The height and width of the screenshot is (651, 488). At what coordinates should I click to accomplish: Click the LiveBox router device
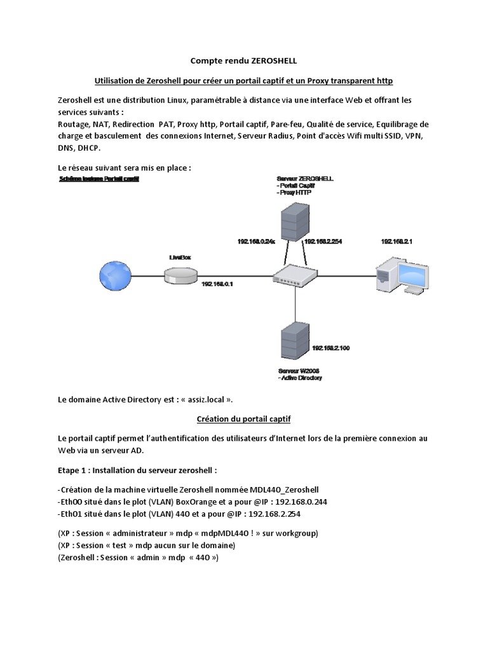[180, 275]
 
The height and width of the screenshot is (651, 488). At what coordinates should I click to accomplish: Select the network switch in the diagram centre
[294, 275]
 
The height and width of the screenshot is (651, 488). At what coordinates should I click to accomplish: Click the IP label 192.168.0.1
[218, 284]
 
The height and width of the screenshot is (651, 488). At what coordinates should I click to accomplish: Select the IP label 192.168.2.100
[331, 348]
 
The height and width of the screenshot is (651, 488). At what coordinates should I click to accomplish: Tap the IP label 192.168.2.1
[396, 242]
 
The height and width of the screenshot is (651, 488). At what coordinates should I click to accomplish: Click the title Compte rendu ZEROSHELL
[244, 61]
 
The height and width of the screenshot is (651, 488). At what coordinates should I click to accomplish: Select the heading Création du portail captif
[243, 420]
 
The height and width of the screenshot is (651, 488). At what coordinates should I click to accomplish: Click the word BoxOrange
[174, 502]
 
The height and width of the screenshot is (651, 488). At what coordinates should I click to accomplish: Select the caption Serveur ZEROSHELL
[306, 179]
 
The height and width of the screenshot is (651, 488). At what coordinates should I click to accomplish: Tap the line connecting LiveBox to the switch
[235, 275]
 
